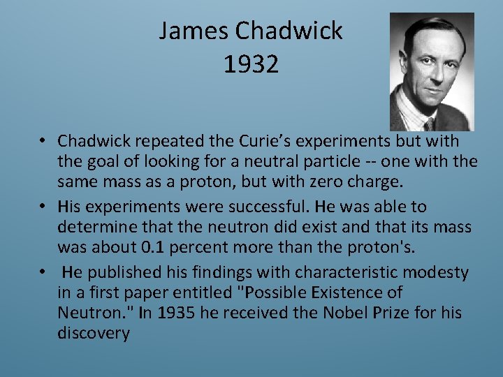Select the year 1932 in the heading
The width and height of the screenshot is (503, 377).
click(x=251, y=64)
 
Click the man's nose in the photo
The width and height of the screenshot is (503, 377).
click(x=435, y=75)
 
